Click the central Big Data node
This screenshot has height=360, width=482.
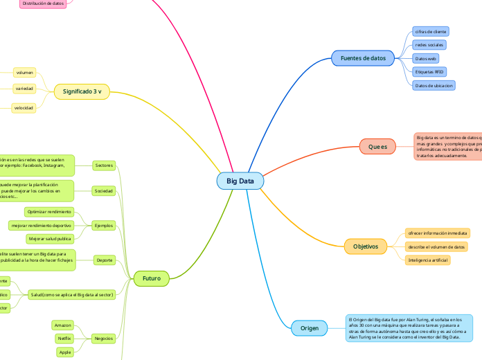point(240,181)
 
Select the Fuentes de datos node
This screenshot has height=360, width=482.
point(363,58)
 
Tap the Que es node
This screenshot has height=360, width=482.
point(377,147)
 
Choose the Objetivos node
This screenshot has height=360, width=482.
point(366,246)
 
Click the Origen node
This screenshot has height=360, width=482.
point(310,328)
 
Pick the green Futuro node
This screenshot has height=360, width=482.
point(151,278)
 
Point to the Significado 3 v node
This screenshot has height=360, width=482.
point(82,91)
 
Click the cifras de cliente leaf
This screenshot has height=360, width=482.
point(430,32)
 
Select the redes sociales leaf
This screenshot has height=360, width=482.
point(429,45)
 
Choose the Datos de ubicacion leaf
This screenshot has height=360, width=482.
point(434,86)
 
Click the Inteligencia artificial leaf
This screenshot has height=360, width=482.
point(428,260)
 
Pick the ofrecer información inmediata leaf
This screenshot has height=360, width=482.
point(438,233)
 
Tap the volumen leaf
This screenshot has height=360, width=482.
point(25,72)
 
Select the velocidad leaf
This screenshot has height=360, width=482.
point(24,108)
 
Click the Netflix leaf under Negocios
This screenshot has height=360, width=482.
point(64,339)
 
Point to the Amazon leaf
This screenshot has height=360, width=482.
point(62,325)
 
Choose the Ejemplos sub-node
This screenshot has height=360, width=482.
point(105,225)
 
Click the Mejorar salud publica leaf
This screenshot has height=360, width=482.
point(49,239)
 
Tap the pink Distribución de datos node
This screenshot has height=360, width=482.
point(43,3)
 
